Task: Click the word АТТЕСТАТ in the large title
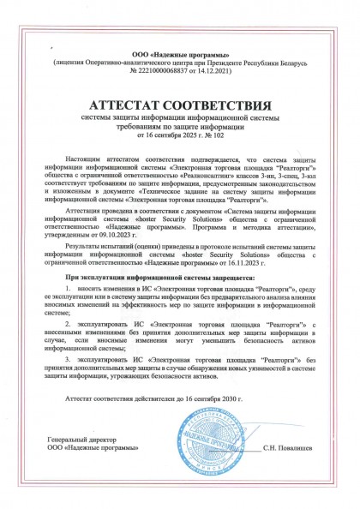(x=131, y=105)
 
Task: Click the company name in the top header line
(x=180, y=54)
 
